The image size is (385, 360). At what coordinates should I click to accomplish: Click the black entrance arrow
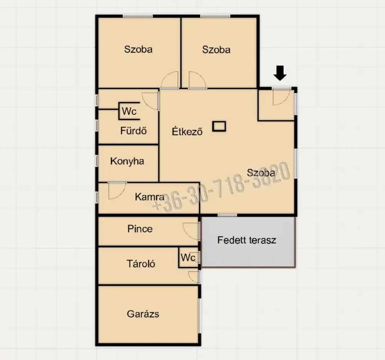pos(280,73)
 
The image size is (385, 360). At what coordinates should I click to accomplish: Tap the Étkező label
pos(187,131)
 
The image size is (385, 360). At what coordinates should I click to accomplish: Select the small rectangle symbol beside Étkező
pos(219,126)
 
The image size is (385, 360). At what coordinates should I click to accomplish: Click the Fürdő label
pos(134,131)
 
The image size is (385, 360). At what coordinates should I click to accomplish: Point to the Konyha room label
pos(127,161)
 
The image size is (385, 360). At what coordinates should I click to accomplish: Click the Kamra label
pos(149,197)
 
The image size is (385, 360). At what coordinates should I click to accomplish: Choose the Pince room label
pos(140,229)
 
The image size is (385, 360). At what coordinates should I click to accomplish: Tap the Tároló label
pos(141,264)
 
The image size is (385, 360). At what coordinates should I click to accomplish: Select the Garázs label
pos(143,314)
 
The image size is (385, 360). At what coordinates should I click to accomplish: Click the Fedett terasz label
pos(247,240)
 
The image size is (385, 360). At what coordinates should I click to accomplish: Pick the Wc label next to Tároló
pos(188,257)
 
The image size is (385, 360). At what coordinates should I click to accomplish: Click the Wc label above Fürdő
pos(129,111)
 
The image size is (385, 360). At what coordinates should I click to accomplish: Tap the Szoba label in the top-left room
pos(138,49)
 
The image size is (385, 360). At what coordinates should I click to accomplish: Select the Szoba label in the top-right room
pos(216,50)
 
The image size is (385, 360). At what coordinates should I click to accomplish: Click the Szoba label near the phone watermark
pos(261,173)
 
